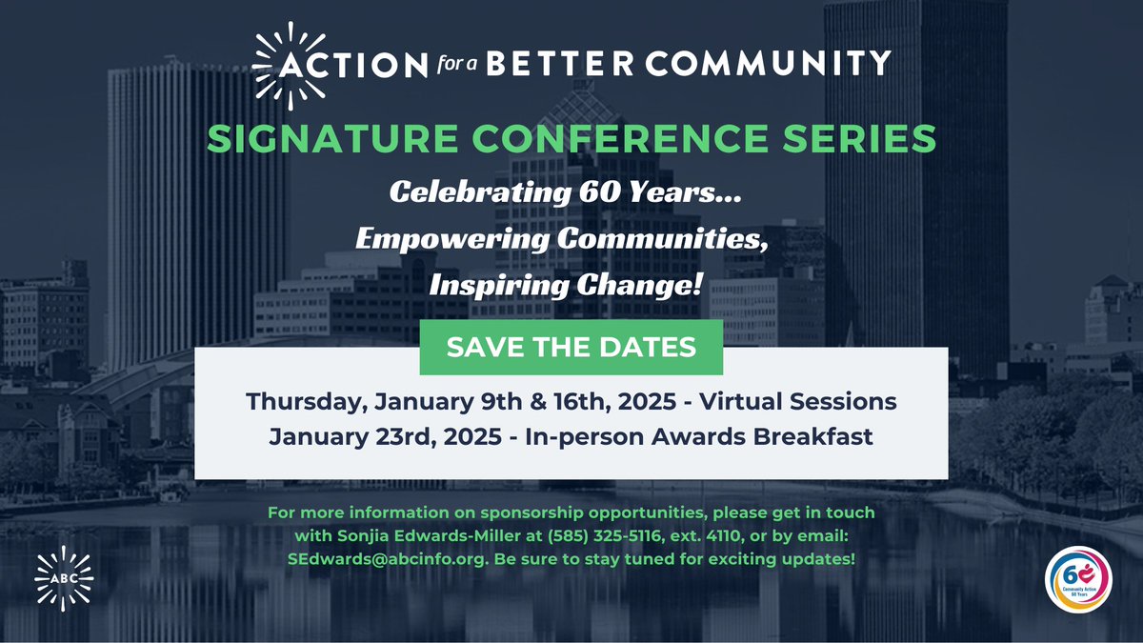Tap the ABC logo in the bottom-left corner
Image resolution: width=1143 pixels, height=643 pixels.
pyautogui.click(x=64, y=578)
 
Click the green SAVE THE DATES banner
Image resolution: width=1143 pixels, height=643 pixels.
pyautogui.click(x=571, y=347)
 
